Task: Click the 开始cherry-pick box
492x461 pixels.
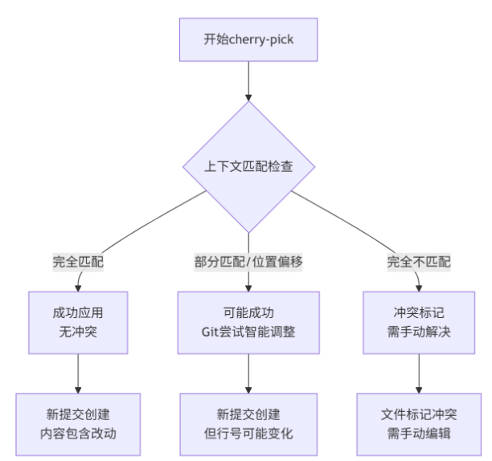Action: (248, 40)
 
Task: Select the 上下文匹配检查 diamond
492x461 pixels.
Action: (248, 167)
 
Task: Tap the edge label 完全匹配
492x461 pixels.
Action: (78, 262)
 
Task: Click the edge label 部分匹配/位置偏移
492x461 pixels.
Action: (248, 262)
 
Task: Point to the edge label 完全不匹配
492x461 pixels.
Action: (419, 262)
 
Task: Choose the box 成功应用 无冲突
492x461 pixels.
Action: (78, 322)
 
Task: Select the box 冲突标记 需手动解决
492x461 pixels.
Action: (419, 322)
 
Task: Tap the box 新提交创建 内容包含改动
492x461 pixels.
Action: (78, 424)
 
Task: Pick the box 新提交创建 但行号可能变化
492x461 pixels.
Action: (248, 424)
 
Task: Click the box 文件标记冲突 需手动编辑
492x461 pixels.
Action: (419, 424)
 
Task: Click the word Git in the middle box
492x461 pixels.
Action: (211, 332)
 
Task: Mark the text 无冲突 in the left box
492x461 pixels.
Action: (78, 332)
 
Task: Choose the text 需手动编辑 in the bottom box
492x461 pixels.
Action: (419, 434)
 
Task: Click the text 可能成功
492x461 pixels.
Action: (248, 312)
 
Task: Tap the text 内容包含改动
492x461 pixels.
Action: (78, 434)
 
